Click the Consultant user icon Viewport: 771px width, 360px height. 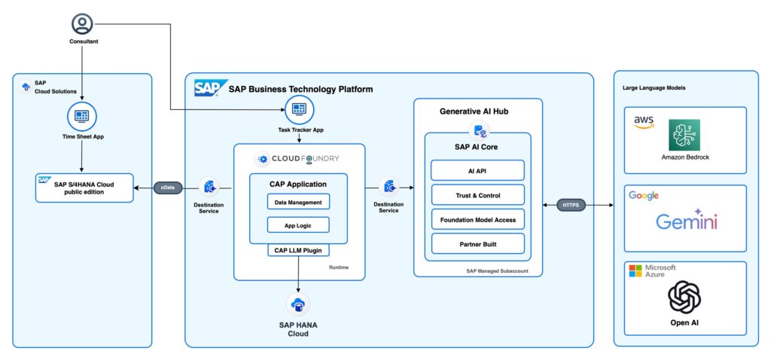[x=82, y=24]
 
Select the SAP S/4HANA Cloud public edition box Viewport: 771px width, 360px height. [x=84, y=188]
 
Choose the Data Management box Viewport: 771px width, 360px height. [x=298, y=202]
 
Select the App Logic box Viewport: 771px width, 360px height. [x=298, y=224]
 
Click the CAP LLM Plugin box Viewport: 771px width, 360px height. [x=298, y=251]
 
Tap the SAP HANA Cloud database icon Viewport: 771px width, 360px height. [x=298, y=304]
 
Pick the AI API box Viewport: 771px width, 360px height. [x=477, y=171]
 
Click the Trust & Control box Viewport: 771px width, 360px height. [x=477, y=195]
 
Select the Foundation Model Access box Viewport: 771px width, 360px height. [x=477, y=219]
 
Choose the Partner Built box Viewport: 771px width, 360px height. [x=477, y=244]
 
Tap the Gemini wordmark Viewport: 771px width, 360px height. [x=686, y=221]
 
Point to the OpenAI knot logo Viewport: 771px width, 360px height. [x=684, y=297]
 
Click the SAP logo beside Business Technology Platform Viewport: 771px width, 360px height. [x=206, y=88]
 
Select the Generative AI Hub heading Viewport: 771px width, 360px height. [x=478, y=111]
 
